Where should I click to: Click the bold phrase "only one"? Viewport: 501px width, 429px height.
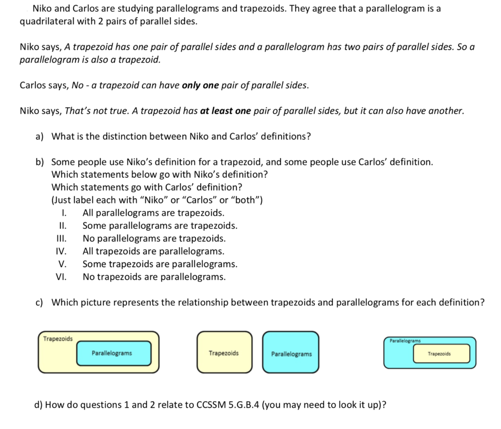200,86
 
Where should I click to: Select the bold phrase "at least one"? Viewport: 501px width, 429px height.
225,111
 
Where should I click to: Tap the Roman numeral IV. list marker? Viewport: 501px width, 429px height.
61,251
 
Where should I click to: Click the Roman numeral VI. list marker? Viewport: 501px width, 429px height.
61,277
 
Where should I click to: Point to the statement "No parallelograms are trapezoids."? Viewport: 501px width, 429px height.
154,239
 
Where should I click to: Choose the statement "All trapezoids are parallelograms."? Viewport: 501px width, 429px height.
153,251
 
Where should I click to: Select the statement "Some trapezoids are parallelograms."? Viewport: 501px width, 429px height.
160,264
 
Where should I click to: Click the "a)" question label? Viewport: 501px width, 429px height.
40,136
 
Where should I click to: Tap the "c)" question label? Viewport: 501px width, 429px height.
40,302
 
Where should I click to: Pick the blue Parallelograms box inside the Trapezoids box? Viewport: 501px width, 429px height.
114,353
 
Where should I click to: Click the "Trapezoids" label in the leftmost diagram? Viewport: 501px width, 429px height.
58,339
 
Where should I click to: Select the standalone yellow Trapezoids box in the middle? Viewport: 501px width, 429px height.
224,352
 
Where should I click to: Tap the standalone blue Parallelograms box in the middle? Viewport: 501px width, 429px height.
291,352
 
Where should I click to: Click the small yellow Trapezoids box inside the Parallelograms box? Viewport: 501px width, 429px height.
442,354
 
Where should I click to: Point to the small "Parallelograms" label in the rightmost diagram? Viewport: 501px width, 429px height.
405,341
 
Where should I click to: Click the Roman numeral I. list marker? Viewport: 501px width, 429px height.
64,213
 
